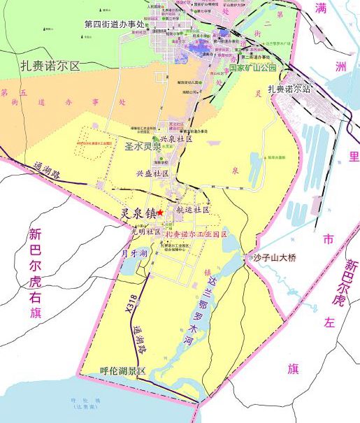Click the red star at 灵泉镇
[160, 212]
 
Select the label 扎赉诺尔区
[51, 66]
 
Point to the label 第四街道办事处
[114, 24]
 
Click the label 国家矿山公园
[253, 68]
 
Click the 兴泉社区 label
[175, 139]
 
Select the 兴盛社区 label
[153, 172]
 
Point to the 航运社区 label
[193, 210]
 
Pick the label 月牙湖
[134, 252]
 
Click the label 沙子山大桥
[275, 258]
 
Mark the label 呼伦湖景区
[122, 371]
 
